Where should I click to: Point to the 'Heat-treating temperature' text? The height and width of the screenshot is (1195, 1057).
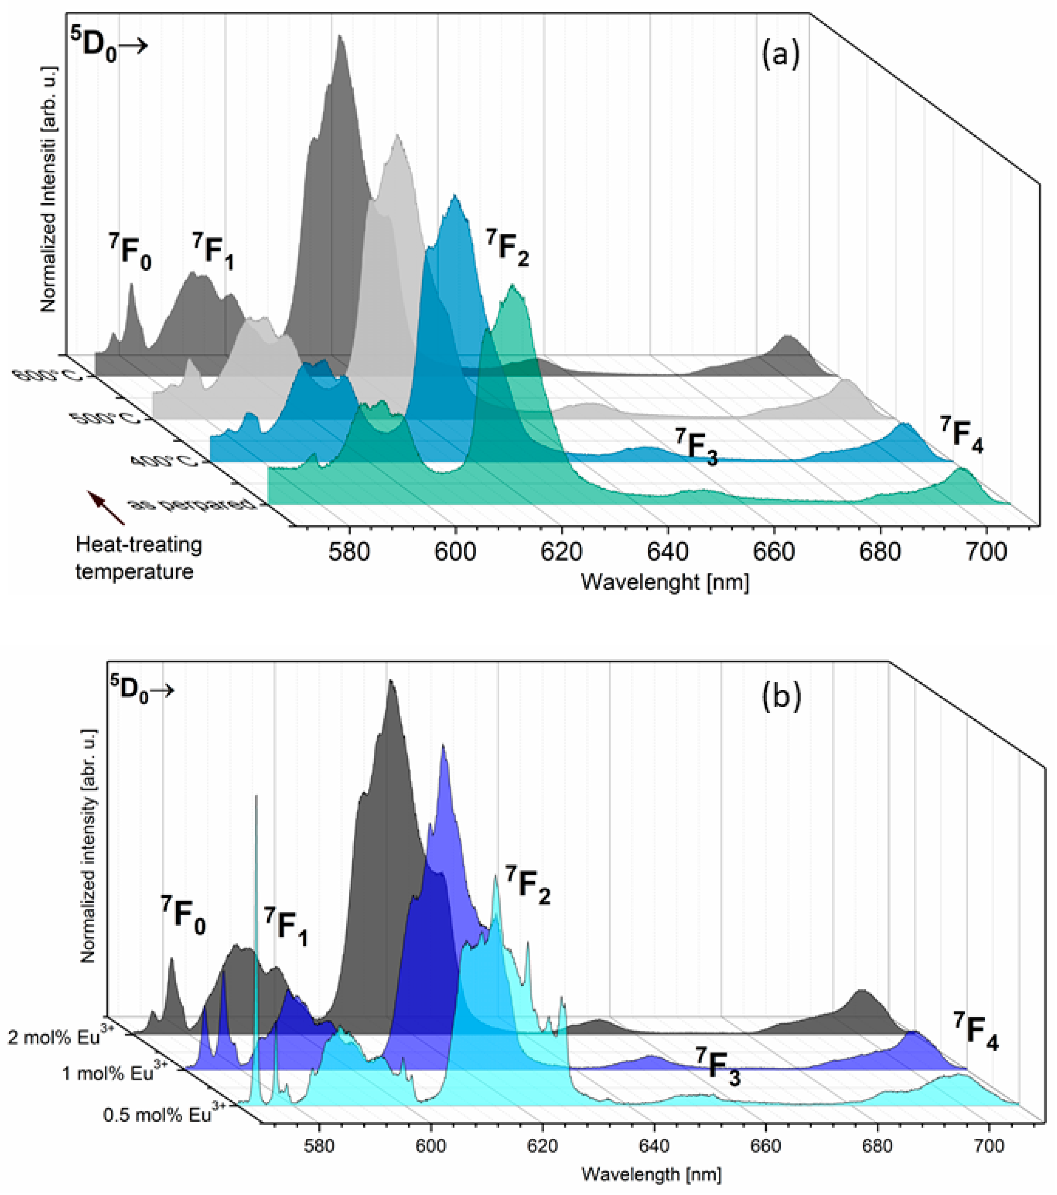tap(138, 558)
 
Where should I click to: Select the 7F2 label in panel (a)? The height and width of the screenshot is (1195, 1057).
tap(508, 248)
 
